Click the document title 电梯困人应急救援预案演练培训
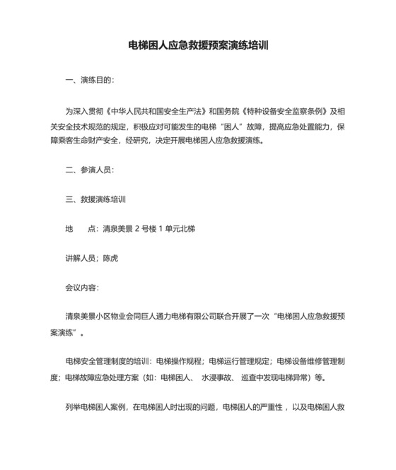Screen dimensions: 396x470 click(x=197, y=46)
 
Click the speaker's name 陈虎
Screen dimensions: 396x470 click(x=110, y=259)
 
